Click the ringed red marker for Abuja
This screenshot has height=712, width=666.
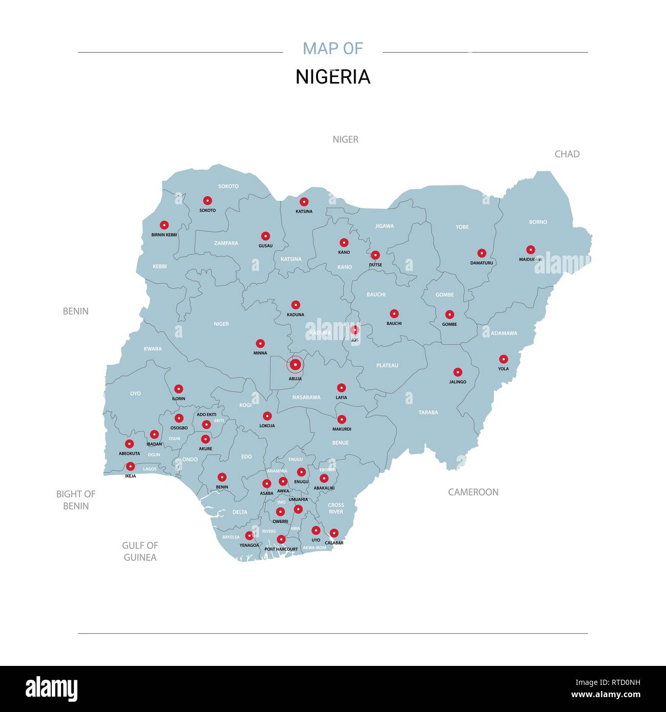coord(295,364)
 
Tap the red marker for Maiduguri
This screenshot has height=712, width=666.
coord(530,249)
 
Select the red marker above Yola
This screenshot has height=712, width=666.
coord(504,359)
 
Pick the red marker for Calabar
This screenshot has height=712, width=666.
coord(334,533)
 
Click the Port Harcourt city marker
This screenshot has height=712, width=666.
coord(281,539)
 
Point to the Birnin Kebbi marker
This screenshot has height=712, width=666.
coord(164,225)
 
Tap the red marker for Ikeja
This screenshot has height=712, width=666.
coord(131,466)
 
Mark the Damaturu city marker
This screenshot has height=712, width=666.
coord(482,253)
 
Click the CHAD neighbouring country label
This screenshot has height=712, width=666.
coord(567,154)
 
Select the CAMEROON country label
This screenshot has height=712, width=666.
coord(473,492)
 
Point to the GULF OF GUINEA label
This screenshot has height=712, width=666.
coord(140,551)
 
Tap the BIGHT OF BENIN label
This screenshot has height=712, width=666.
coord(76,500)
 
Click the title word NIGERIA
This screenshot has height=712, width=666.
coord(332,77)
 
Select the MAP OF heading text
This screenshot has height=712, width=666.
coord(332,49)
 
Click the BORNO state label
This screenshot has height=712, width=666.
coord(538,222)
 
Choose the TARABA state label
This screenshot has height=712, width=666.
coord(428,412)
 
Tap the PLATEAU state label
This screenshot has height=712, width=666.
coord(387,365)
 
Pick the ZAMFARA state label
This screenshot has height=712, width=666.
coord(226,243)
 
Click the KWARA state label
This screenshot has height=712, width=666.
coord(153,348)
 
